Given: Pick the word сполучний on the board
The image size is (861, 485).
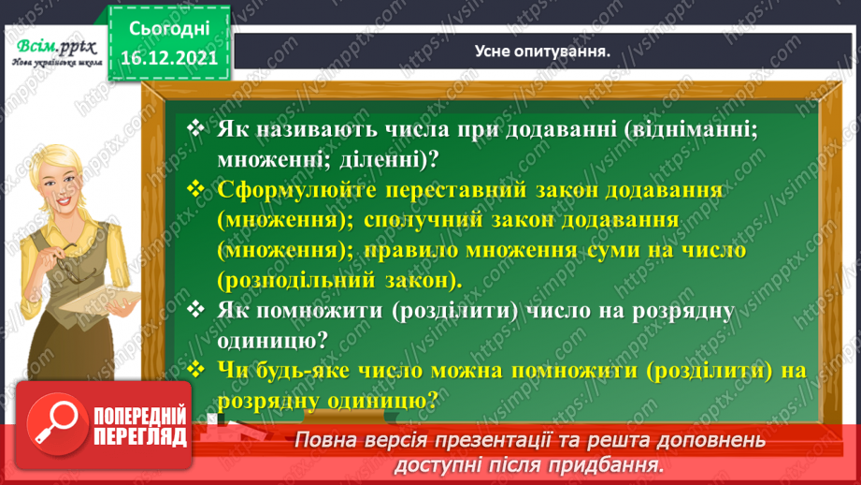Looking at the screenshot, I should [x=416, y=220].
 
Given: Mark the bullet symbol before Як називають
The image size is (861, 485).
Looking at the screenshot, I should [x=195, y=129].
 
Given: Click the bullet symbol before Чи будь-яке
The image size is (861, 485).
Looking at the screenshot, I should [x=195, y=369].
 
